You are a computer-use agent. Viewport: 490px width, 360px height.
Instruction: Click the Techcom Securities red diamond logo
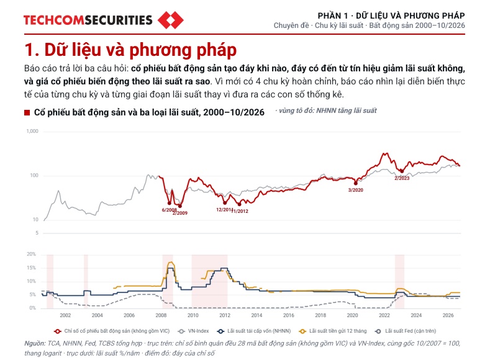coord(171,20)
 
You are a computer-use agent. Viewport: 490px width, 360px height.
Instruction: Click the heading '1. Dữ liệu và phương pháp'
coord(130,50)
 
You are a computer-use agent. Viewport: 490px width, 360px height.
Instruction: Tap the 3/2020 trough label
coord(356,190)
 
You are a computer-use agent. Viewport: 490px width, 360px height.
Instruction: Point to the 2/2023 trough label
coord(402,178)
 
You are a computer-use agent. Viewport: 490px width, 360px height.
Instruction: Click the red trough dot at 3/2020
coord(356,183)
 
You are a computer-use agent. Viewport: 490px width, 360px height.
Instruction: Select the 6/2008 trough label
coord(170,210)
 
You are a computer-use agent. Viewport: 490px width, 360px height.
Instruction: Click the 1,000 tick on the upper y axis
coord(32,131)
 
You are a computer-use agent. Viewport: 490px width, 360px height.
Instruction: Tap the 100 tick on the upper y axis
coord(34,175)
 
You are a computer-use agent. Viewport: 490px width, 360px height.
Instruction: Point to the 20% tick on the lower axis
coord(31,254)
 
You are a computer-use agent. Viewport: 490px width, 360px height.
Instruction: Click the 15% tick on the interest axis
coord(31,268)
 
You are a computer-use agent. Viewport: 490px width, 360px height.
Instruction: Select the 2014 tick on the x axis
coord(256,315)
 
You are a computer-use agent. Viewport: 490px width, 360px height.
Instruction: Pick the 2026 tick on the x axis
coord(448,315)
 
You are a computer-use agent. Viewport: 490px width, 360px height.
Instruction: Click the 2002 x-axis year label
coord(65,315)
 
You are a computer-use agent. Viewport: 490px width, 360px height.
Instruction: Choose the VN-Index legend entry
coord(193,331)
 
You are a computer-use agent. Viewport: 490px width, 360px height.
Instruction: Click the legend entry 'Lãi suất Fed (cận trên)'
coord(406,331)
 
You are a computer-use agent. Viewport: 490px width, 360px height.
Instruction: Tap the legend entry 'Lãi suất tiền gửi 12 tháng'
coord(333,331)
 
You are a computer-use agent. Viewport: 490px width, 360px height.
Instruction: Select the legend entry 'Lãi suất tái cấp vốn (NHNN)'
coord(254,331)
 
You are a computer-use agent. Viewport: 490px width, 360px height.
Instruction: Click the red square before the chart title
coord(27,112)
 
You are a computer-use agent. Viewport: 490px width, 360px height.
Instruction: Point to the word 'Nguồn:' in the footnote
coord(35,343)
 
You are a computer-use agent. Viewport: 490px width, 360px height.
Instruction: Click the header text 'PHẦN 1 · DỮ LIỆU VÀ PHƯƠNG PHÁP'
coord(391,16)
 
